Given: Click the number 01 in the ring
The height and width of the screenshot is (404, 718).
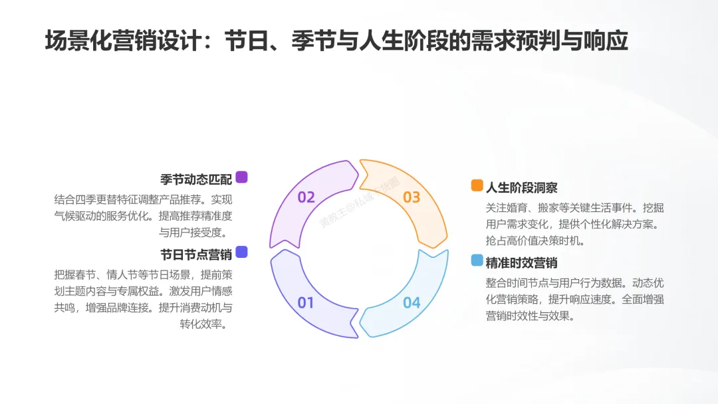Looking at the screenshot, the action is pyautogui.click(x=305, y=303).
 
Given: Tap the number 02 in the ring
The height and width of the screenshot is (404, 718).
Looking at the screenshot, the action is pyautogui.click(x=306, y=197).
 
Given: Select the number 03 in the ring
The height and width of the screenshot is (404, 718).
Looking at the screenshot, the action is pyautogui.click(x=412, y=197).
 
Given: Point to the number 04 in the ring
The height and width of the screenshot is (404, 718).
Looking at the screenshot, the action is pyautogui.click(x=412, y=303).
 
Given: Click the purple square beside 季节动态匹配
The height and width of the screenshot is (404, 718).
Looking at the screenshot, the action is pyautogui.click(x=241, y=177).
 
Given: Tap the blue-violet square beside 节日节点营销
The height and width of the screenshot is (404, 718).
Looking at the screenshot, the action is pyautogui.click(x=241, y=251).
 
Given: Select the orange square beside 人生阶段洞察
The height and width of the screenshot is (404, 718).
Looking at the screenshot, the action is pyautogui.click(x=477, y=185).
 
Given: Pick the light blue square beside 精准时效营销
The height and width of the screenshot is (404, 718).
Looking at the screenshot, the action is pyautogui.click(x=477, y=260).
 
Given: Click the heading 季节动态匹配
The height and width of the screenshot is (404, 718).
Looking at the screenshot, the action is pyautogui.click(x=196, y=179).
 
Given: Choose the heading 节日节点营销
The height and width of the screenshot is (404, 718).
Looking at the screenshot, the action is pyautogui.click(x=196, y=253).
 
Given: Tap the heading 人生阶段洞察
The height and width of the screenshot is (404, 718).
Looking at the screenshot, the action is pyautogui.click(x=522, y=187).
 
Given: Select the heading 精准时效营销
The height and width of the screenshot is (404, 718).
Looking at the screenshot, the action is pyautogui.click(x=522, y=262).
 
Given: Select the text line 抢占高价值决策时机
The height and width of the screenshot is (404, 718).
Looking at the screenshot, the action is pyautogui.click(x=536, y=241).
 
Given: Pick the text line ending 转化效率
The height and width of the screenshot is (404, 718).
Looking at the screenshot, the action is pyautogui.click(x=206, y=324).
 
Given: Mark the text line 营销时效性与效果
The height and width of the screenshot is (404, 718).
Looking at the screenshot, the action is pyautogui.click(x=531, y=316).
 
